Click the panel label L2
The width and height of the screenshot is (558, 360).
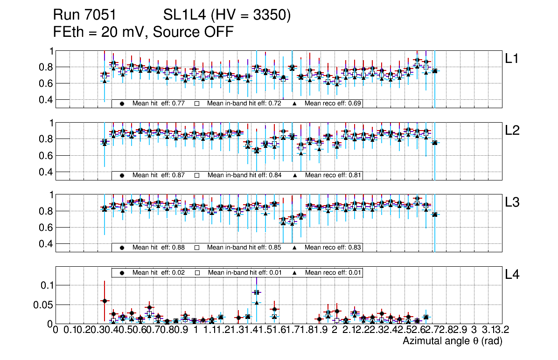pos(513,131)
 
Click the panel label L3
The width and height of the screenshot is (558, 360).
pos(513,202)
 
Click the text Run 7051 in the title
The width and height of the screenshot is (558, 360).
pos(84,16)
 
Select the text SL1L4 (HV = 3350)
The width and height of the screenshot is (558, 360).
pos(227,16)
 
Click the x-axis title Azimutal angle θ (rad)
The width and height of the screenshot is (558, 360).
pos(452,341)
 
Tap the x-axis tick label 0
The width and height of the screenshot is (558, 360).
pos(56,331)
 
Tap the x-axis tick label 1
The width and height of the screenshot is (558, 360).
pos(195,331)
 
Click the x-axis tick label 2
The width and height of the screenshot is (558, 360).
pos(335,331)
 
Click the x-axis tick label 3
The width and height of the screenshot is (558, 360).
pos(474,331)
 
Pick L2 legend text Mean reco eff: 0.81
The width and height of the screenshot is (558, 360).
pos(333,175)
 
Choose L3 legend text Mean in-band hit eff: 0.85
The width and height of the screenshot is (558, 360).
pos(244,247)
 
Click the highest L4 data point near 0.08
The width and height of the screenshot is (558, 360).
pos(256,292)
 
